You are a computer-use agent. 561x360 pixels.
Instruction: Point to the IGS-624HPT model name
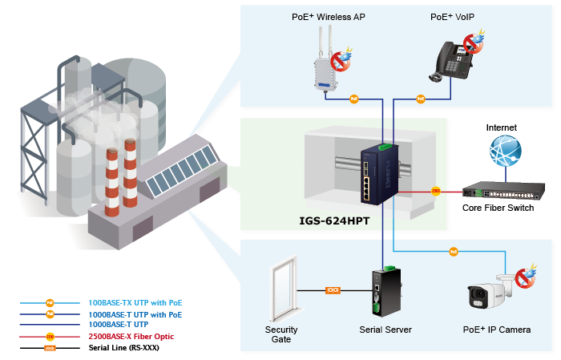coord(335,219)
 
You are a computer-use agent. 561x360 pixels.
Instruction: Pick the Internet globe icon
coord(506,152)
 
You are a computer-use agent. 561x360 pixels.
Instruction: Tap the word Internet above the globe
coord(502,127)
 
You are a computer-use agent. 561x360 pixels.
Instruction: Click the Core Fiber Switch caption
coord(499,208)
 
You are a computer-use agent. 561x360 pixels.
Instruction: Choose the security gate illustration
coord(283,289)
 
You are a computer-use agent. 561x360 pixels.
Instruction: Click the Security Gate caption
coord(280,335)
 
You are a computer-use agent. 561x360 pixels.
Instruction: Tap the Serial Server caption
coord(386,330)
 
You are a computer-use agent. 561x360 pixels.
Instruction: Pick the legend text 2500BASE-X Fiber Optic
coord(131,337)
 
